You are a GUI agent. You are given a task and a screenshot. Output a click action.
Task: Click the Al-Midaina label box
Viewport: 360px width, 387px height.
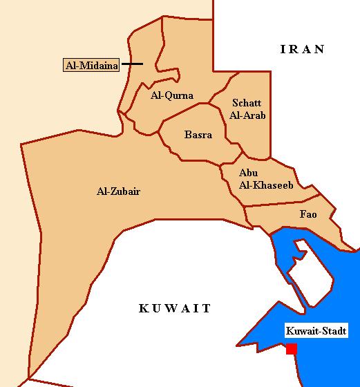[x=91, y=66]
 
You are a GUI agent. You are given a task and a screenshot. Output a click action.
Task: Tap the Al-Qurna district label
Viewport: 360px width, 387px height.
[x=171, y=96]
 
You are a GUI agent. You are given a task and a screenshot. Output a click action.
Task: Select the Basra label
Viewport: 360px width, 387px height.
[x=198, y=135]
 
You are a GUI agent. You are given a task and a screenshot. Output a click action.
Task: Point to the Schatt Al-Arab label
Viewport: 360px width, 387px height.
[x=249, y=109]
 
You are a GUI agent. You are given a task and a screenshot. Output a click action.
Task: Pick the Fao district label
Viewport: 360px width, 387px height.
[x=308, y=215]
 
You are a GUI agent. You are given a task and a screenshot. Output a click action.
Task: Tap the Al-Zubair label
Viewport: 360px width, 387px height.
[x=119, y=191]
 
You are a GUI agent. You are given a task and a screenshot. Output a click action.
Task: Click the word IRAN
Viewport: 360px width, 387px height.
[x=302, y=49]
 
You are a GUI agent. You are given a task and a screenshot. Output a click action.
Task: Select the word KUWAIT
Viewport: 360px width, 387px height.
[x=175, y=308]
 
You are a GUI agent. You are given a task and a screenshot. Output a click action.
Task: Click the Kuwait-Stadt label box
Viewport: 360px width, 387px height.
[x=316, y=331]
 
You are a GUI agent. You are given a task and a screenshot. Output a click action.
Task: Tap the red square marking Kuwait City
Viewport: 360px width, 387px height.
[x=292, y=349]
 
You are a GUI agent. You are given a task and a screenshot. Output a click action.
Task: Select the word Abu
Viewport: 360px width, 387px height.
[x=247, y=173]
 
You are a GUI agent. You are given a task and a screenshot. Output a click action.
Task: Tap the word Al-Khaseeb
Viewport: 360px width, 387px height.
[x=256, y=185]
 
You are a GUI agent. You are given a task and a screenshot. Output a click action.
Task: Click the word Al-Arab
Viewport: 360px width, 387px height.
[x=249, y=115]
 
